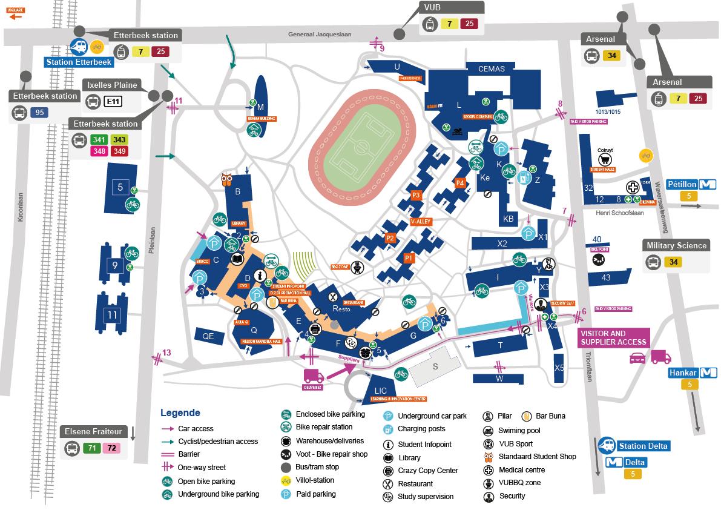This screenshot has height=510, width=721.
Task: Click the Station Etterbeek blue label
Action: pos(79,62)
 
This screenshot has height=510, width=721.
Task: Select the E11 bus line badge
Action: pos(112,101)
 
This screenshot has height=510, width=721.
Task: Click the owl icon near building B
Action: pos(227,180)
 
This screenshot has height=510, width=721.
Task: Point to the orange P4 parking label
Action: pos(459,183)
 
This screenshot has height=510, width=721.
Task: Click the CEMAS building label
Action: pos(491,68)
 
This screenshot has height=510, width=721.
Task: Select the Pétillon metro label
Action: pos(683,184)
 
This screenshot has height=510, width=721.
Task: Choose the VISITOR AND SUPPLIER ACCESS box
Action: pos(613,338)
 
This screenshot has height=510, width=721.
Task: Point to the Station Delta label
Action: pos(642,446)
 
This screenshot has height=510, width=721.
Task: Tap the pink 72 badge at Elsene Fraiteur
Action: pos(111,448)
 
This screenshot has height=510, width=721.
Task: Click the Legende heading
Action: pos(180,413)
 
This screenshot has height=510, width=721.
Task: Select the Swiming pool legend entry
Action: pos(519,431)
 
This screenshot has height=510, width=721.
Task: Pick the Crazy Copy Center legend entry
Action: pos(427,471)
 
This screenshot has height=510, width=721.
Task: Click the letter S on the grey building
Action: pos(435,366)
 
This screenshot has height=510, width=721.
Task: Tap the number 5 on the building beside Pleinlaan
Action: pos(120,187)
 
